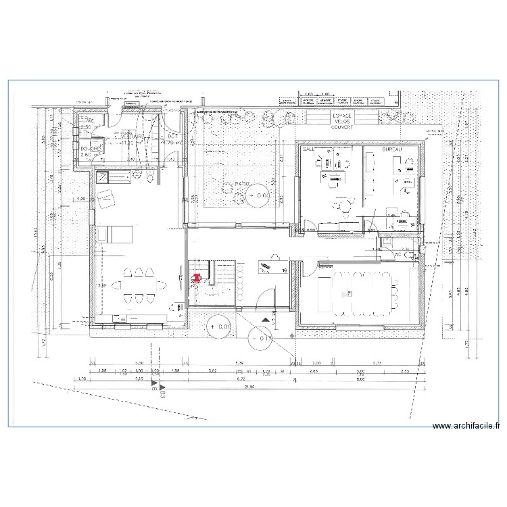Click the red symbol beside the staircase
(197, 278)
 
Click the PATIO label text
(243, 183)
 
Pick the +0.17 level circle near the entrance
(261, 339)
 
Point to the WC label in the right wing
(398, 256)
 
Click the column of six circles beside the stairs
(239, 283)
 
